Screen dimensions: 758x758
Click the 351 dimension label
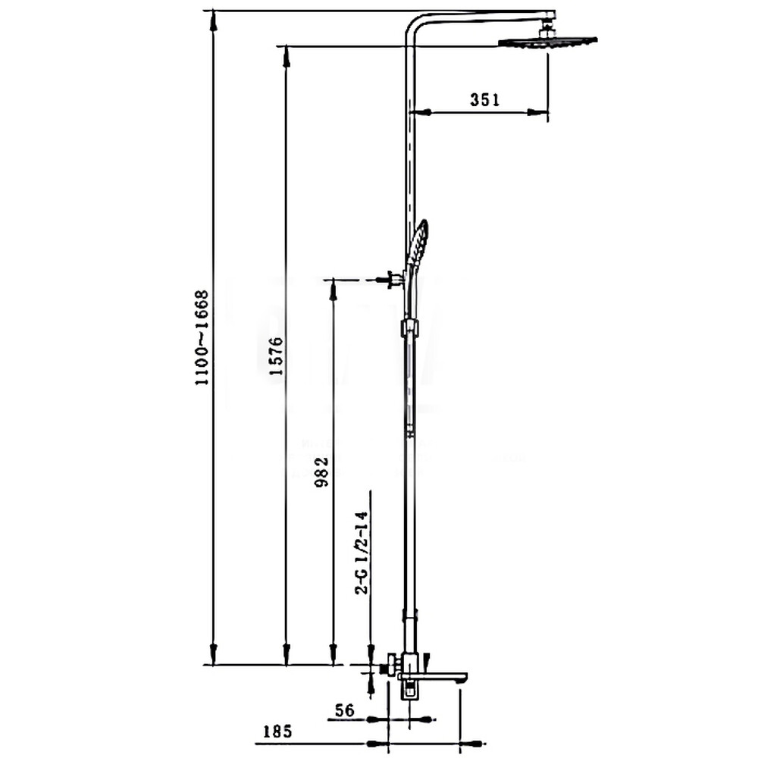(x=485, y=99)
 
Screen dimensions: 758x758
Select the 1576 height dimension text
(x=276, y=356)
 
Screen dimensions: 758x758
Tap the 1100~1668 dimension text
(x=202, y=337)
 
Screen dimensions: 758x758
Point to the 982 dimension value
(x=322, y=471)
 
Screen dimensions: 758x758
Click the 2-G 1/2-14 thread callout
(x=362, y=553)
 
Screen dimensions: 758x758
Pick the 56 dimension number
(x=345, y=710)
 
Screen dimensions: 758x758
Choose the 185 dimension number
(x=277, y=731)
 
